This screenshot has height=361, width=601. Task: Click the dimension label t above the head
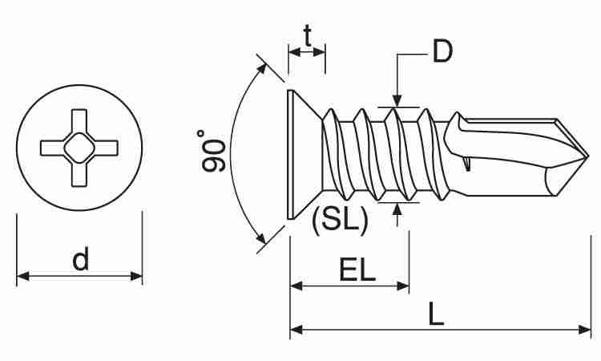[x=307, y=35]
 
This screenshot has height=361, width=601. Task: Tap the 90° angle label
[x=212, y=151]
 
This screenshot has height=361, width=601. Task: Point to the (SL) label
[x=340, y=220]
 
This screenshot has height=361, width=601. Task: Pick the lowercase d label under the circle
[x=80, y=258]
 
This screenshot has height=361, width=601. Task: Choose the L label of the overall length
[x=436, y=314]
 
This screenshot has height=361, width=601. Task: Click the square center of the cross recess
[x=79, y=148]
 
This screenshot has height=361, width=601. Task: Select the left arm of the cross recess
[x=53, y=148]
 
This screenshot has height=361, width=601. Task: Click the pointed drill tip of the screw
[x=588, y=156]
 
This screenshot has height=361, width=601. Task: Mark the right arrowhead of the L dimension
[x=585, y=329]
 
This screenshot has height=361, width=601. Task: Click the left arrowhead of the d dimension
[x=23, y=276]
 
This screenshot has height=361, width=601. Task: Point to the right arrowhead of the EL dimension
[x=403, y=286]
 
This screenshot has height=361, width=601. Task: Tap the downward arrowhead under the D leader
[x=397, y=100]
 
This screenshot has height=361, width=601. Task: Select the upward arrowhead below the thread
[x=397, y=209]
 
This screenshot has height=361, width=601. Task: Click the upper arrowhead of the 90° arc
[x=261, y=70]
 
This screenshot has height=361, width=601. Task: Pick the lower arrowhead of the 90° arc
[x=261, y=238]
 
